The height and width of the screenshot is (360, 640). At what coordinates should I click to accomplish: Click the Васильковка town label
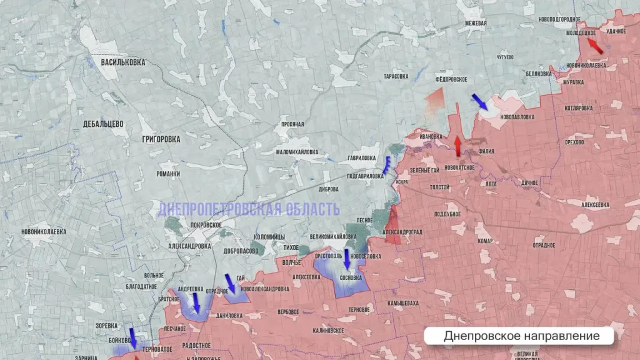point(122,62)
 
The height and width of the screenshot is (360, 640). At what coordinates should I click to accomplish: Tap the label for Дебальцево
point(103,124)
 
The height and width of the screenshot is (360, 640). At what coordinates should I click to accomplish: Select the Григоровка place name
point(161,139)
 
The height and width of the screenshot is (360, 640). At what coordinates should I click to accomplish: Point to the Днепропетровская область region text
point(249,209)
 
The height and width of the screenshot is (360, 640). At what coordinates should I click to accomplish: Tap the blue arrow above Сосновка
point(347,259)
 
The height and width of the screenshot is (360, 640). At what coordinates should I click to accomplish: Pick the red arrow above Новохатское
point(457,146)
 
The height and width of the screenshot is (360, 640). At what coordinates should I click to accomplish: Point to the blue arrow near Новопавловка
point(480,101)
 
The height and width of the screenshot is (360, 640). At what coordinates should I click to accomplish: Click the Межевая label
point(476,24)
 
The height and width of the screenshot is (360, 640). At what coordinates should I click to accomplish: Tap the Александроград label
point(402,231)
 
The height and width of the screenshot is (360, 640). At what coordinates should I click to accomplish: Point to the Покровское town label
point(206,224)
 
